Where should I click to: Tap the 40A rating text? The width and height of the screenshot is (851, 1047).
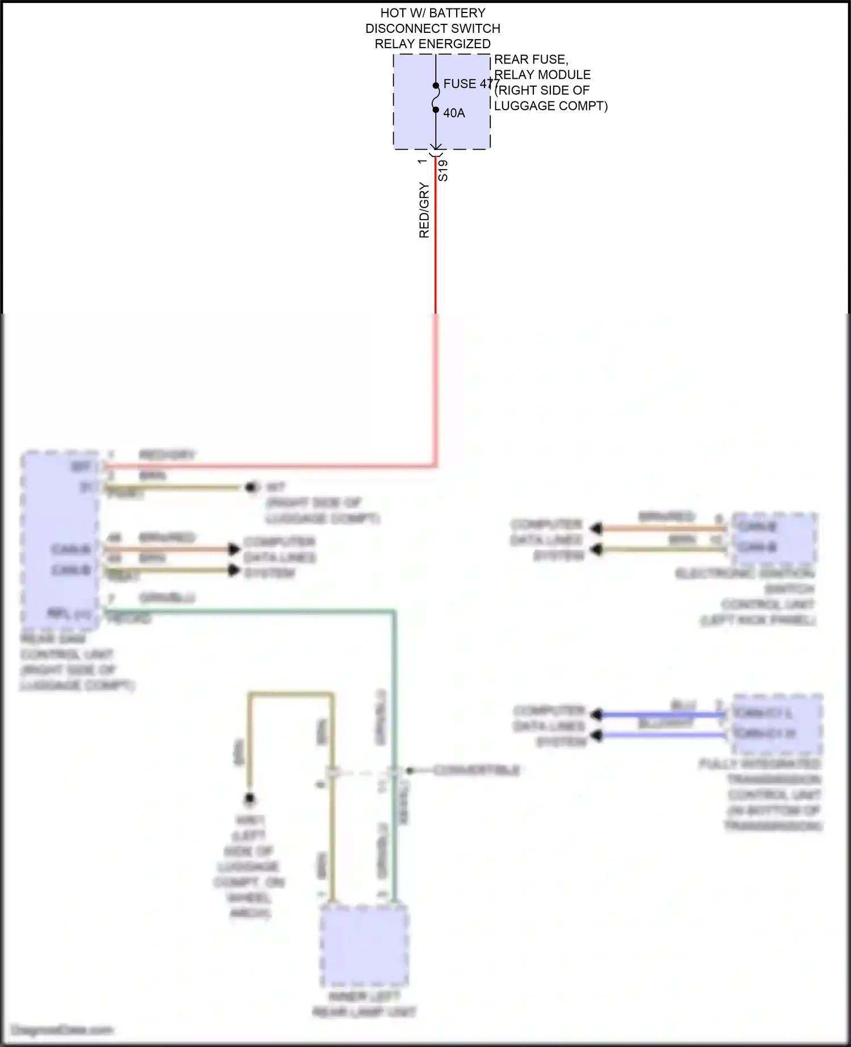pos(454,113)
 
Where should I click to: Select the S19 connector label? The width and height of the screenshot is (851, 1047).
pos(443,170)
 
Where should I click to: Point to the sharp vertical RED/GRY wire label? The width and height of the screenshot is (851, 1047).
pos(424,210)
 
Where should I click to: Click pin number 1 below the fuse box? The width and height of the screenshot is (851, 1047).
pos(422,162)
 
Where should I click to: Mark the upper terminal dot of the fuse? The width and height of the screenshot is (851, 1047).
pos(436,86)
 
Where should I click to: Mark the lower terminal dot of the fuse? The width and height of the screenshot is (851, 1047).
pos(436,109)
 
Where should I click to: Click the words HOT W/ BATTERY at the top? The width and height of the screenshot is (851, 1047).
pos(433,12)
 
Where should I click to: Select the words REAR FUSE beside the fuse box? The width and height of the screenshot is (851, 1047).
pos(531,60)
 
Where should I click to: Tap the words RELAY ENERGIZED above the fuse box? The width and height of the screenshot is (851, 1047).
pos(432,44)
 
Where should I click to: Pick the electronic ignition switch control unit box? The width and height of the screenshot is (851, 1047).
pos(774,538)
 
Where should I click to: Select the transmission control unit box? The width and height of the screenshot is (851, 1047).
pos(777,723)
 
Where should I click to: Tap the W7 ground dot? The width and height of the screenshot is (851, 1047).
pos(251,487)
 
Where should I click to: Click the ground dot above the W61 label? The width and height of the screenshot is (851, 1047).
pos(249,799)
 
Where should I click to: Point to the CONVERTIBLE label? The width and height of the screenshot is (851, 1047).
pos(477,770)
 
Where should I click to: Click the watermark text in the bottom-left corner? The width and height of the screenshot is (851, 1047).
pos(62,1030)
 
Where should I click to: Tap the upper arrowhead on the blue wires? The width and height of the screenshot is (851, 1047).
pos(596,715)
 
